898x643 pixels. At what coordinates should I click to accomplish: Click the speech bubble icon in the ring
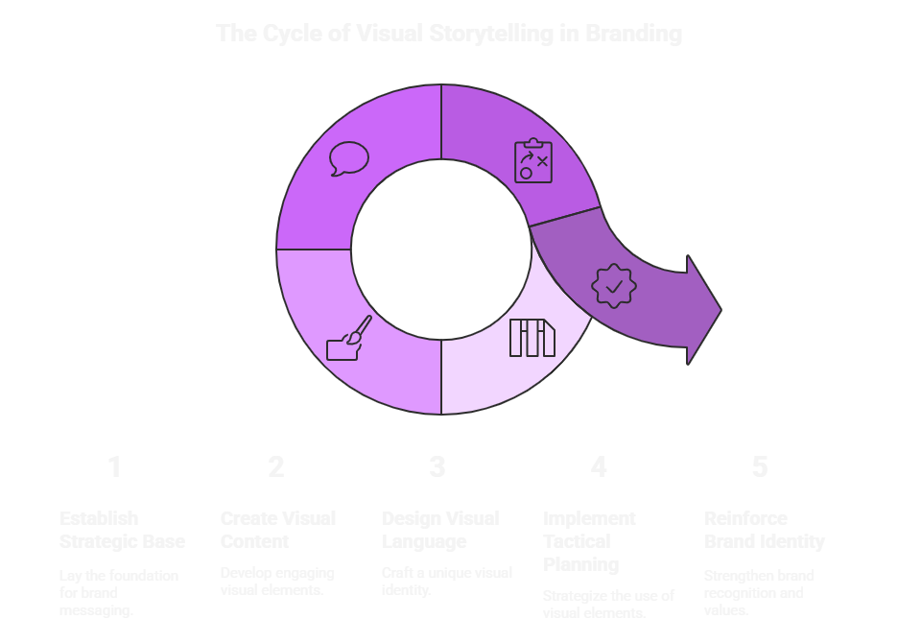coord(348,158)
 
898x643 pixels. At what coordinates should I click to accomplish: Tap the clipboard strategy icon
coord(532,160)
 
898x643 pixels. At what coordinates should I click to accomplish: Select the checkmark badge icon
coord(613,286)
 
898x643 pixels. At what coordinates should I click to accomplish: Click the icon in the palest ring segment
coord(532,338)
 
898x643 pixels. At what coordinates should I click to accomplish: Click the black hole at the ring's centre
coord(441,250)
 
